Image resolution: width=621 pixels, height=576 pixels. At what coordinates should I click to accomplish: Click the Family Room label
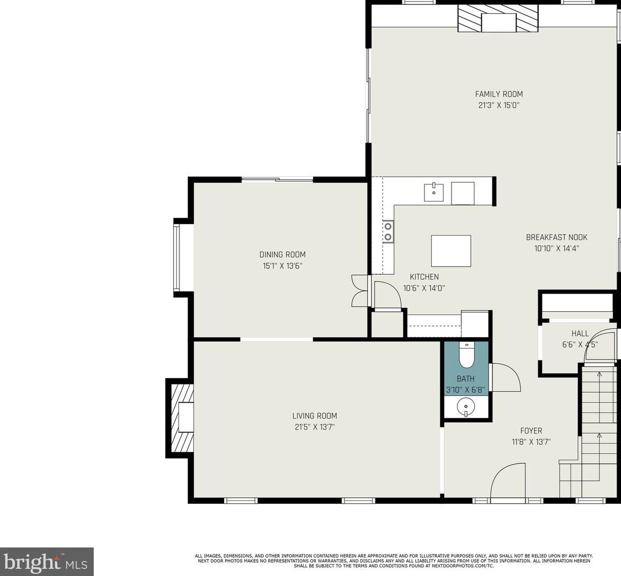pos(498,94)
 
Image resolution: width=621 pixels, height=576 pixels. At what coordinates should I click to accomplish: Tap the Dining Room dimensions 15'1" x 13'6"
pos(283,266)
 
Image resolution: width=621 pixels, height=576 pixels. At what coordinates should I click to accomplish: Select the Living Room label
pos(315,415)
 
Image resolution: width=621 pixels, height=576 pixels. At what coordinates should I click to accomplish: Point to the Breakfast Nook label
pos(556,237)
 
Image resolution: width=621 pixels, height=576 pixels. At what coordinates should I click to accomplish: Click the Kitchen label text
pos(424,277)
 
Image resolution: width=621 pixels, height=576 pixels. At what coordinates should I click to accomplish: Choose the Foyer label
pos(531,430)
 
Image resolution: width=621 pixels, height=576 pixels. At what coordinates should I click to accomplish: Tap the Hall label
pos(580,333)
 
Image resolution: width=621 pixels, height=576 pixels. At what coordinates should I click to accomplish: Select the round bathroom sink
pos(466,407)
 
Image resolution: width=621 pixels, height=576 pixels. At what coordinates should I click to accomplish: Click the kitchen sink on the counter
pos(434,192)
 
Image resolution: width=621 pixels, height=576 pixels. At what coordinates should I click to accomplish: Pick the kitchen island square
pos(451,251)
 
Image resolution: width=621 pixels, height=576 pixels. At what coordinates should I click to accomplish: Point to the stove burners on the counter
pos(388,232)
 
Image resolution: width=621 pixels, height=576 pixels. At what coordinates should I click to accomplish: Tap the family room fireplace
pos(498,18)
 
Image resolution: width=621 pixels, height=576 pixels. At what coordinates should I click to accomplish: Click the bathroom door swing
pos(505,377)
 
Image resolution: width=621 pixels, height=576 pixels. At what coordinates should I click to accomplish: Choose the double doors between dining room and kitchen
pos(360,291)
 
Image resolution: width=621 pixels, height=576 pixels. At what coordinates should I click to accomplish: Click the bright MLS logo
pos(47,562)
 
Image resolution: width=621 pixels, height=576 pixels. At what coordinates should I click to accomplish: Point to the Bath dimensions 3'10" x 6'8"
pos(465,390)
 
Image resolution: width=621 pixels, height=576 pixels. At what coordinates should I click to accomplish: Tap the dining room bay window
pos(177,258)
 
